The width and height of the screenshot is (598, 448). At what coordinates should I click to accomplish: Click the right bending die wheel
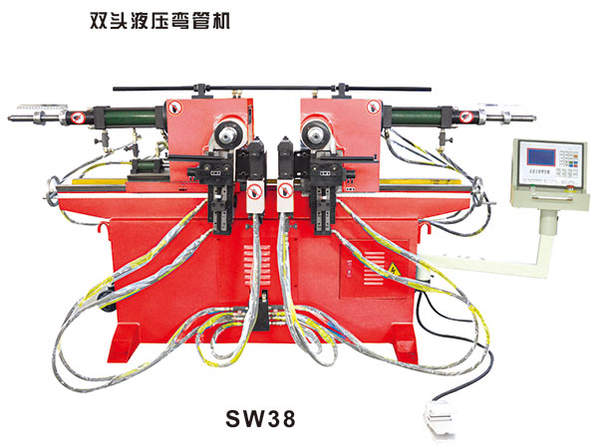[316, 132]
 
